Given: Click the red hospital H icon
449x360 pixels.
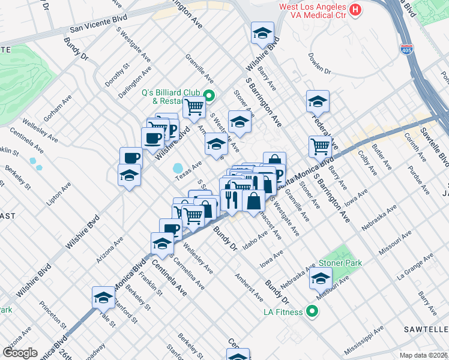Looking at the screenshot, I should click(356, 10).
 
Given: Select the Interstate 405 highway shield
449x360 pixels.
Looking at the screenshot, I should click(408, 47).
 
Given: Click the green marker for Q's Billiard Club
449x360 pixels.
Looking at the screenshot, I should click(209, 95).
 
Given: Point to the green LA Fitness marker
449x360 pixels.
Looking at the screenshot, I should click(312, 311).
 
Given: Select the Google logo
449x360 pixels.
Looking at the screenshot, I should click(20, 353).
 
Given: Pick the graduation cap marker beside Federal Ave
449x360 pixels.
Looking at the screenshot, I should click(318, 101).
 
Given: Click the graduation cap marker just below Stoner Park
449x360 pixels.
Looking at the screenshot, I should click(321, 278).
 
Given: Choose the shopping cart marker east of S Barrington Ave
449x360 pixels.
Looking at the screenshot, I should click(321, 146).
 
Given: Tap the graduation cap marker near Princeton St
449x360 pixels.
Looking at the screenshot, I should click(103, 298).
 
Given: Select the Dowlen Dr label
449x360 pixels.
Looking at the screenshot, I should click(319, 63).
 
